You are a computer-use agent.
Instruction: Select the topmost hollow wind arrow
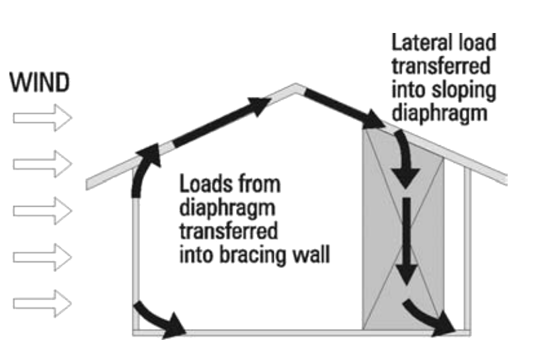pos(42,118)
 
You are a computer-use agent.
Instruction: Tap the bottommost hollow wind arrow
pos(42,302)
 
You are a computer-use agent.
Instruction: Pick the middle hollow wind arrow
pos(42,210)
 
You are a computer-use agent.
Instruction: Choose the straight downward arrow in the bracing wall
pos(405,242)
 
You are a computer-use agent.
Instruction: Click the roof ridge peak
pos(294,84)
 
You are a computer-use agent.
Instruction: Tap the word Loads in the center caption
pos(202,183)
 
